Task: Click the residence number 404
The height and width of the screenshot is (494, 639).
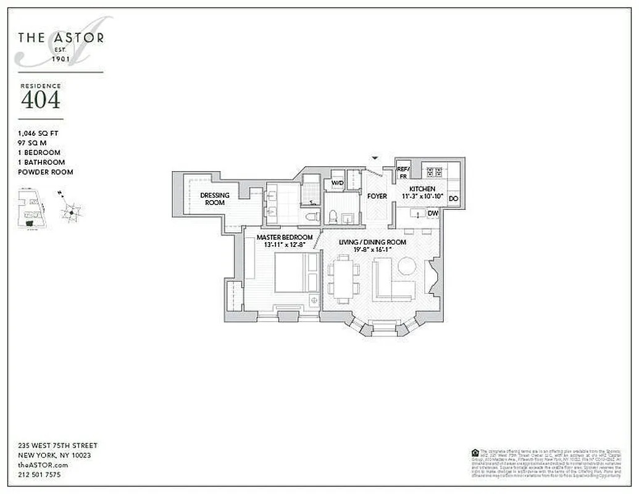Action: coord(41,99)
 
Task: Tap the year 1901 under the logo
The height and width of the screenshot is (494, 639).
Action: coord(61,59)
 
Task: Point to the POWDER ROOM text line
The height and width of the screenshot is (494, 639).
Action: coord(46,172)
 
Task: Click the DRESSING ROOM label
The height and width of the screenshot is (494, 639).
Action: coord(214,199)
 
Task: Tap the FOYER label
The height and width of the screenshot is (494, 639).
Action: coord(377,196)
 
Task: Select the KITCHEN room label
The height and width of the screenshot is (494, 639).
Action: coord(422,189)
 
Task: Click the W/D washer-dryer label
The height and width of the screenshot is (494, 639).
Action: coord(337,183)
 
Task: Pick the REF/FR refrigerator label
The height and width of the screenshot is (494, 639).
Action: coord(403,172)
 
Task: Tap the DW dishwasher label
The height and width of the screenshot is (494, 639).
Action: coord(433,214)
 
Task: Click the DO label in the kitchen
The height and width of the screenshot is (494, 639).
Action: coord(453,199)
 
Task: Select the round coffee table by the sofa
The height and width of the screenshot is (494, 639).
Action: coord(407,266)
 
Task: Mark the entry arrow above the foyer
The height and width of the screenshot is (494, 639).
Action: coord(374,159)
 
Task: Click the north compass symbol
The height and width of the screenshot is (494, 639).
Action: coord(71,212)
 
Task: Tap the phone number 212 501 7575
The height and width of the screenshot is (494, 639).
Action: coord(39,475)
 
